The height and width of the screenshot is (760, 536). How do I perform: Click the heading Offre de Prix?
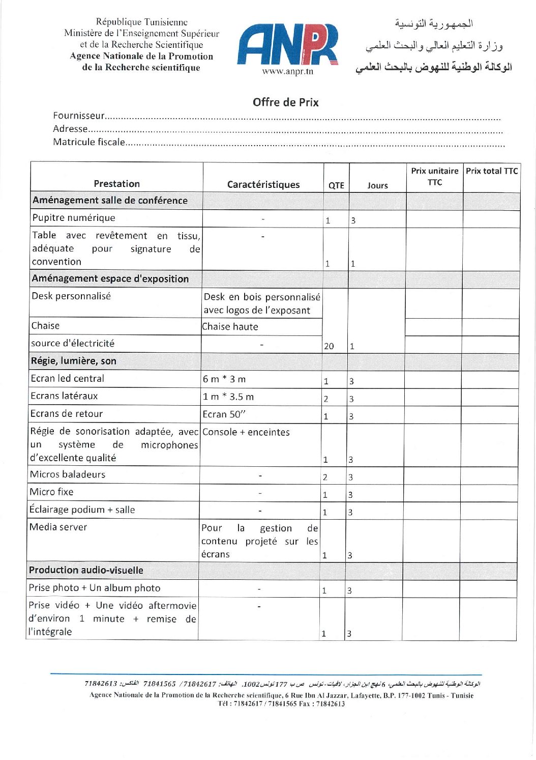click(285, 102)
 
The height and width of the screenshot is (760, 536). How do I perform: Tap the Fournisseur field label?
click(79, 116)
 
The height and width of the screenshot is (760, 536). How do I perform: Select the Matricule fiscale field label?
click(89, 142)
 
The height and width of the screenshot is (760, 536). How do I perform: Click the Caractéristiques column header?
click(263, 184)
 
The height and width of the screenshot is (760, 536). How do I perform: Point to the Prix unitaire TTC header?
click(434, 177)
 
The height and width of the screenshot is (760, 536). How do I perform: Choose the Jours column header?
click(377, 185)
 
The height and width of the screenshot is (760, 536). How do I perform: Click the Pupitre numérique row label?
click(74, 218)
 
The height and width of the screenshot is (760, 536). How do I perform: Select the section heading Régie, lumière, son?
click(73, 361)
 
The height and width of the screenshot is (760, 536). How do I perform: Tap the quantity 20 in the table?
click(329, 346)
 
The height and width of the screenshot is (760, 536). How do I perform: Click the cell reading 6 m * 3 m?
click(224, 379)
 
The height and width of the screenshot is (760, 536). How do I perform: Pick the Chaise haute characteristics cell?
click(230, 327)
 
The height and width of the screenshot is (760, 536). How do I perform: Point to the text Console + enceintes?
click(246, 432)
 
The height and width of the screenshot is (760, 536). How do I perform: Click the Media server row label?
click(58, 527)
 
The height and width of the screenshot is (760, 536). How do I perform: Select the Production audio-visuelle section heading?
click(86, 570)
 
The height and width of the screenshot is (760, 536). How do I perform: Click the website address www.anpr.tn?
click(287, 72)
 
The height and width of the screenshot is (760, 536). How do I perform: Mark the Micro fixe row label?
click(51, 492)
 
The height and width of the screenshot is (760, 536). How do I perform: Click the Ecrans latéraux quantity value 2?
click(326, 399)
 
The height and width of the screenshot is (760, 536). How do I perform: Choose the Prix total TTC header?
click(491, 171)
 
